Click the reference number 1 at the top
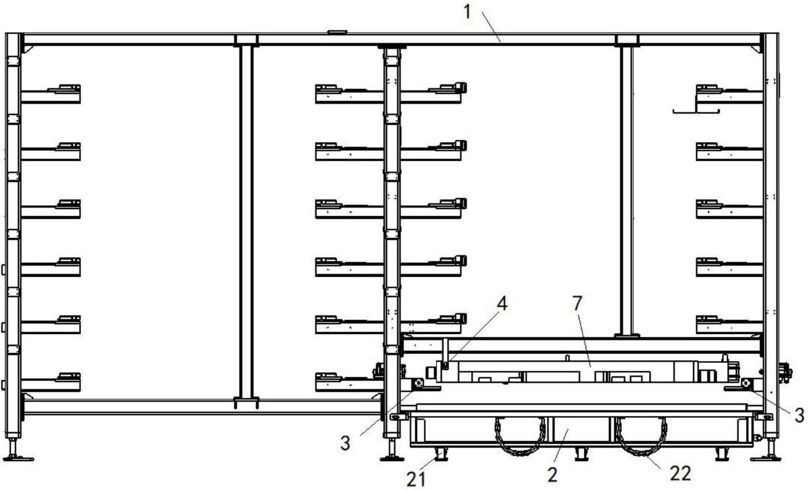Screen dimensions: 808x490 pos(467,12)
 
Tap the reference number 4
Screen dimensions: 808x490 pos(502,303)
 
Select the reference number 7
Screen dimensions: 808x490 pos(577,303)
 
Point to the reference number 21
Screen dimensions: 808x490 pos(416,480)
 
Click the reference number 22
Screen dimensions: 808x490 pos(680,473)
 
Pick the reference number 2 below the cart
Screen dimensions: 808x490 pos(553,475)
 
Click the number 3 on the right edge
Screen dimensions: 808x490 pos(799,415)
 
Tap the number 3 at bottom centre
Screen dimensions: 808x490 pos(345,443)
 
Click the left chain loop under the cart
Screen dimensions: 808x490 pos(520,436)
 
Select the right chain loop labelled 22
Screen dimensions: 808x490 pos(641,436)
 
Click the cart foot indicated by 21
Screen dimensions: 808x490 pos(441,454)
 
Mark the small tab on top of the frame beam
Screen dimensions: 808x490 pos(337,32)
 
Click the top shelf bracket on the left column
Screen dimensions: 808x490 pos(50,94)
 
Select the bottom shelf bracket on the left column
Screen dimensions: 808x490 pos(50,382)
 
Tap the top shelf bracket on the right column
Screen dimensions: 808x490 pos(729,94)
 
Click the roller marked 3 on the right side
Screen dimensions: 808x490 pos(747,383)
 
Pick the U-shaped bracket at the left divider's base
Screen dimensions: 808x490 pos(247,403)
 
